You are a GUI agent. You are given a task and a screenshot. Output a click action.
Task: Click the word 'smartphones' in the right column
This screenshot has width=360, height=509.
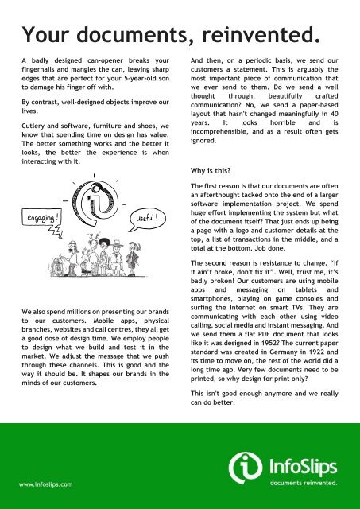click(x=211, y=285)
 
